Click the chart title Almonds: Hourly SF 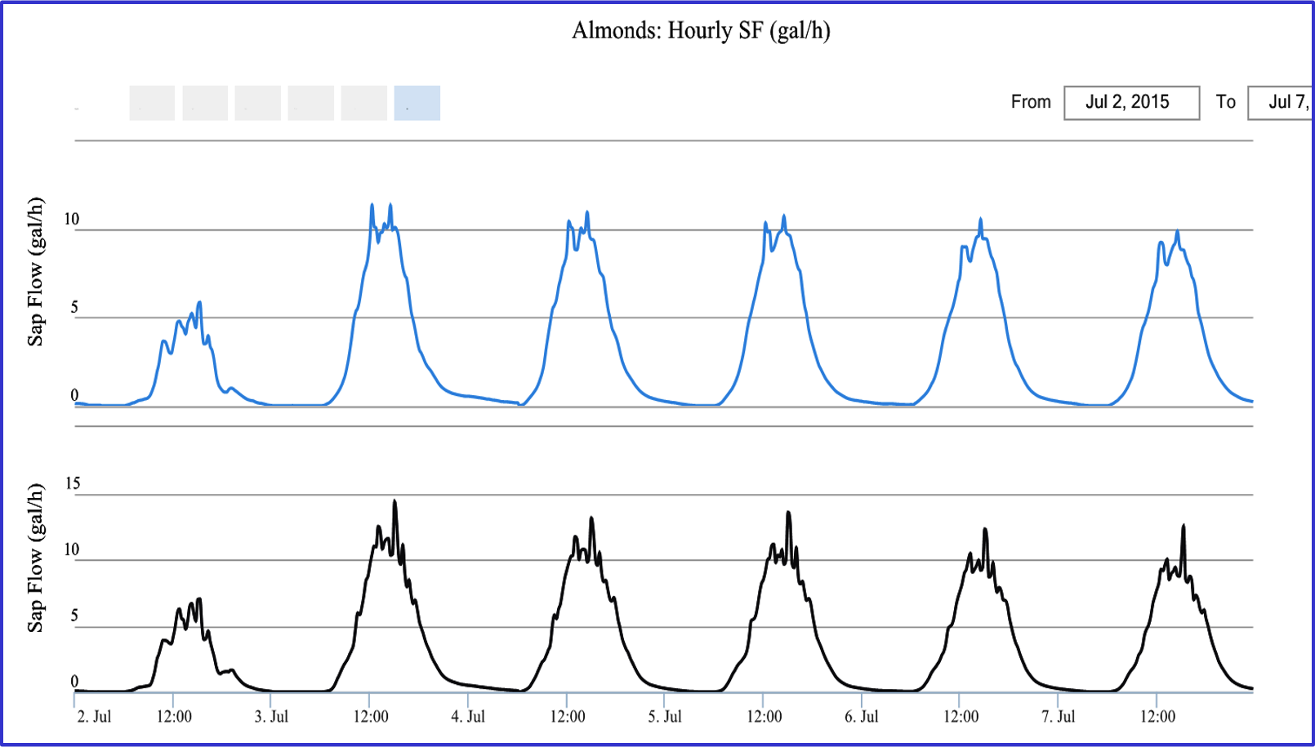point(701,31)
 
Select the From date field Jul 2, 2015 point(1131,103)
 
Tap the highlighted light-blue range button point(417,103)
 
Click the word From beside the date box point(1031,102)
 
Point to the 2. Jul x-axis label point(94,717)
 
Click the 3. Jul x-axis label point(271,717)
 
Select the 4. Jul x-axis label point(468,717)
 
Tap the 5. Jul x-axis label point(665,717)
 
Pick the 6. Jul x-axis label point(862,717)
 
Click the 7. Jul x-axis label point(1059,717)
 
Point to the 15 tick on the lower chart point(73,483)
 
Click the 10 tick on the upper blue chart point(72,219)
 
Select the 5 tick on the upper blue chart point(74,308)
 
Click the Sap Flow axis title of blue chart point(35,272)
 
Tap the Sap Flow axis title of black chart point(35,558)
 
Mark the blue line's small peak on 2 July point(199,303)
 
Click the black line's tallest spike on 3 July point(394,501)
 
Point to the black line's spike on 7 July point(1183,526)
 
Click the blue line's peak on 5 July point(784,216)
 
